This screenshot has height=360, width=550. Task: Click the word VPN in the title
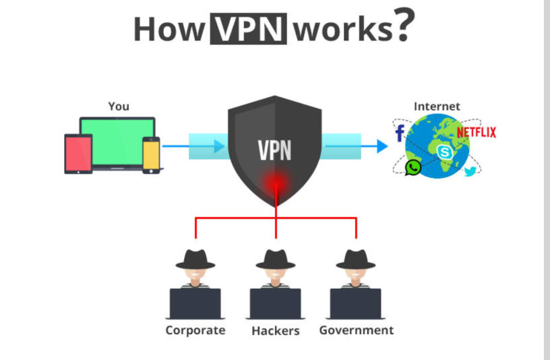point(249,29)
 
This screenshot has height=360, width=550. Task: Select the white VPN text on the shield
point(275,150)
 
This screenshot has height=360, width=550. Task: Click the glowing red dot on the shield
point(275,183)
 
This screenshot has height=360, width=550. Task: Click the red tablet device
point(78,154)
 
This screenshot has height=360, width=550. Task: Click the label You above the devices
point(118,107)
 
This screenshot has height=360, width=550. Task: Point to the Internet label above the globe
point(437,107)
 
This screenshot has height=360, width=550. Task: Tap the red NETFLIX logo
point(476,132)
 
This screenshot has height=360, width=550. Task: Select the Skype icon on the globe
point(445,152)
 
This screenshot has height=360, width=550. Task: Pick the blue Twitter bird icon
point(470,171)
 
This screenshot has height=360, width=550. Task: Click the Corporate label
point(195,330)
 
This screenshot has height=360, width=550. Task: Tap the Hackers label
point(275,330)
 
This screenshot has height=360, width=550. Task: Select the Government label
point(356,330)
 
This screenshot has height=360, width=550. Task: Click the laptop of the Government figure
point(356,303)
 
